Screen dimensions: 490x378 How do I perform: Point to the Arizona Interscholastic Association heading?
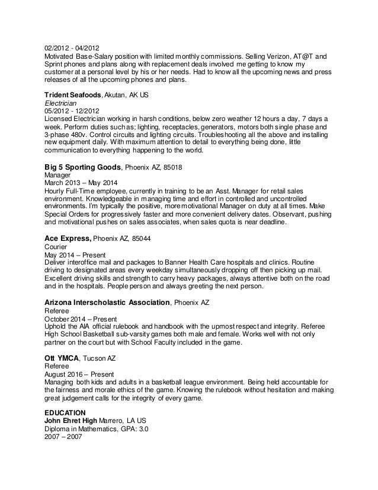(x=108, y=303)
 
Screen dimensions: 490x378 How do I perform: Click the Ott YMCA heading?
(x=61, y=358)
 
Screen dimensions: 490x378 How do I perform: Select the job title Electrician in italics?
(x=61, y=102)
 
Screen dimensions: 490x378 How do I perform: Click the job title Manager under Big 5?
(x=58, y=176)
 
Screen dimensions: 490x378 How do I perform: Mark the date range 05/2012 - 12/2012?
(x=72, y=110)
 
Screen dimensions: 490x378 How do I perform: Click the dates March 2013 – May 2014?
(x=78, y=184)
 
